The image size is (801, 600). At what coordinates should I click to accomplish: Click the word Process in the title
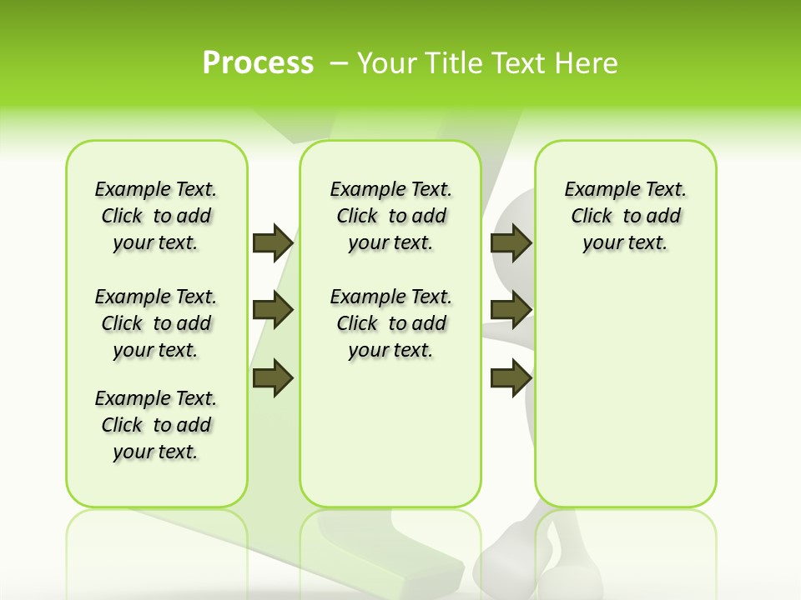pyautogui.click(x=258, y=63)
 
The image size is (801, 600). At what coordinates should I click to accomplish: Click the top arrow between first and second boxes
pyautogui.click(x=273, y=242)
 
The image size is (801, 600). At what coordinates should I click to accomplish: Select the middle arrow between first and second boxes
pyautogui.click(x=273, y=310)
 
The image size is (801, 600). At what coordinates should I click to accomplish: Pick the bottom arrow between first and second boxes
pyautogui.click(x=273, y=378)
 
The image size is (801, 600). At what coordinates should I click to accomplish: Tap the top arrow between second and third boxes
pyautogui.click(x=511, y=242)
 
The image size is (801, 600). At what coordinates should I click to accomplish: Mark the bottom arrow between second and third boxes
pyautogui.click(x=511, y=378)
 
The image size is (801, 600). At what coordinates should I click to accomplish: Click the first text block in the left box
pyautogui.click(x=155, y=216)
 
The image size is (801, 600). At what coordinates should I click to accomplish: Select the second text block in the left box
pyautogui.click(x=155, y=323)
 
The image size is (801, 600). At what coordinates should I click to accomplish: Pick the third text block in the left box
pyautogui.click(x=155, y=425)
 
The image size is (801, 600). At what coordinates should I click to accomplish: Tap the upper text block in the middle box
pyautogui.click(x=390, y=216)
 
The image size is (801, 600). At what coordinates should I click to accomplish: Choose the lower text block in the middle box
pyautogui.click(x=390, y=323)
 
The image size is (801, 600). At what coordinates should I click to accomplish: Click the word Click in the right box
pyautogui.click(x=592, y=216)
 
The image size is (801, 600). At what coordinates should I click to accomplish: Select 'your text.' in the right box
pyautogui.click(x=625, y=242)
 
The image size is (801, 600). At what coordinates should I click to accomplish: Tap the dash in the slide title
pyautogui.click(x=339, y=63)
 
